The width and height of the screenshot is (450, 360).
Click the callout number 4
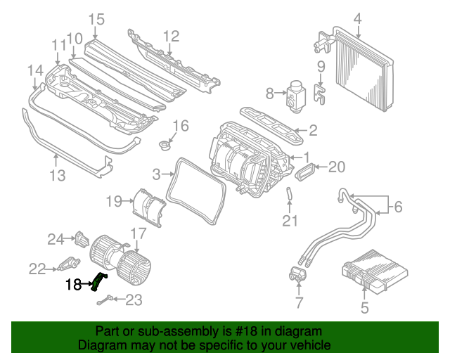[357, 18]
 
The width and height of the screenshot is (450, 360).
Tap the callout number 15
[96, 19]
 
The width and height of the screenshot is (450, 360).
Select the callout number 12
[172, 36]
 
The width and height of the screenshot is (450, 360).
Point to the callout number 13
[57, 174]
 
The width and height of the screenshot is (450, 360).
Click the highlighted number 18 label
[74, 285]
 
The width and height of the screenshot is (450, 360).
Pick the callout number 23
[134, 300]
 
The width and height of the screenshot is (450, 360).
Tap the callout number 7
[299, 303]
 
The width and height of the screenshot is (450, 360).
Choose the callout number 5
[364, 307]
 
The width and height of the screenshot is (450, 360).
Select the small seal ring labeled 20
[307, 170]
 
